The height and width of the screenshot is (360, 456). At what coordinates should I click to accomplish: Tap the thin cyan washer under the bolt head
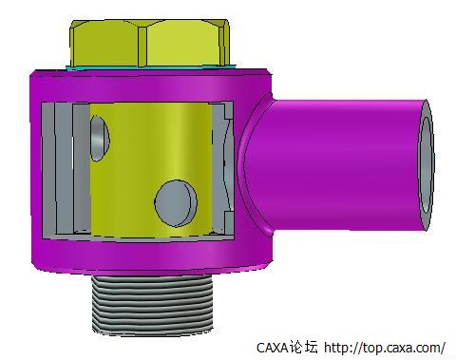(x=151, y=67)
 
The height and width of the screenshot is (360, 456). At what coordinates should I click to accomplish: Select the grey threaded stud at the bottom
(x=153, y=304)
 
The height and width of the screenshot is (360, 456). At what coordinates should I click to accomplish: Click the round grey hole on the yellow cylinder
(x=176, y=203)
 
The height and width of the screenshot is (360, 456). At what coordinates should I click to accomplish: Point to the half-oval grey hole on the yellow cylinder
(x=99, y=138)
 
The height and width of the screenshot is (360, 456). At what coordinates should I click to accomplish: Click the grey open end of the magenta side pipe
(x=427, y=165)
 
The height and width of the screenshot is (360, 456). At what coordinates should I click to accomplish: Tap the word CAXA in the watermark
(x=272, y=348)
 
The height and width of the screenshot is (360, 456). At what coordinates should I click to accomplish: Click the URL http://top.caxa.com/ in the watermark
(x=385, y=348)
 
